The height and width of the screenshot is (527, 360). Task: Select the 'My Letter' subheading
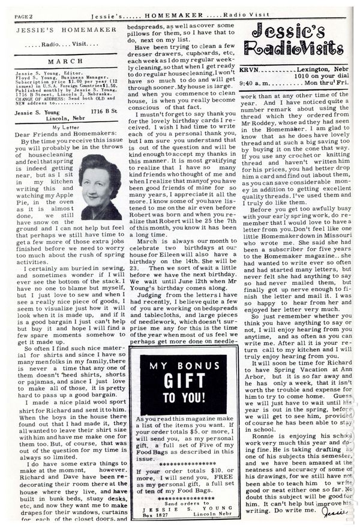tap(65, 144)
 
